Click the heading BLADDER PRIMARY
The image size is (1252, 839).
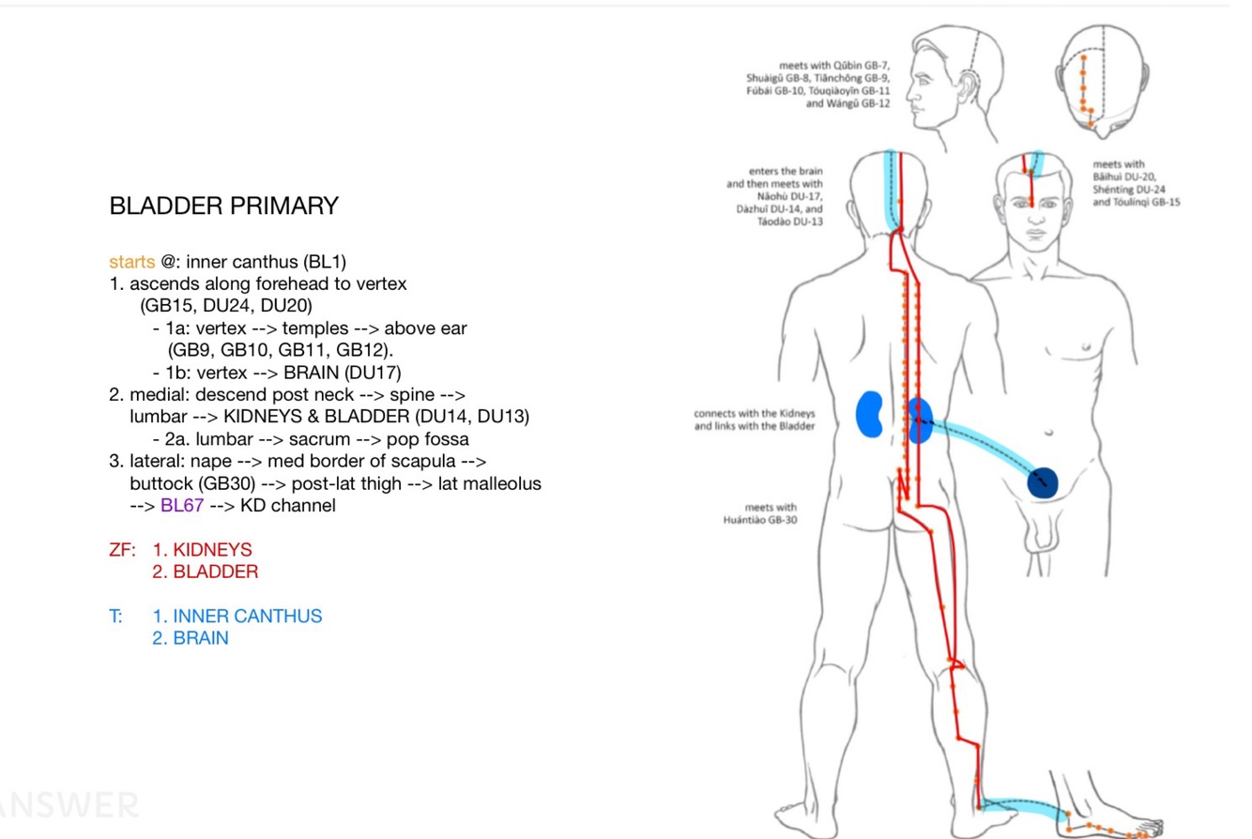tap(223, 206)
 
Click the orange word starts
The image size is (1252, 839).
tap(131, 261)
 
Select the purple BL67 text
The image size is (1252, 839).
tap(182, 506)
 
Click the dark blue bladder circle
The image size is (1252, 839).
tap(1043, 482)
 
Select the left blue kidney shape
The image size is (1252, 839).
tap(872, 415)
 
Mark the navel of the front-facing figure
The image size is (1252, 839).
tap(1048, 433)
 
